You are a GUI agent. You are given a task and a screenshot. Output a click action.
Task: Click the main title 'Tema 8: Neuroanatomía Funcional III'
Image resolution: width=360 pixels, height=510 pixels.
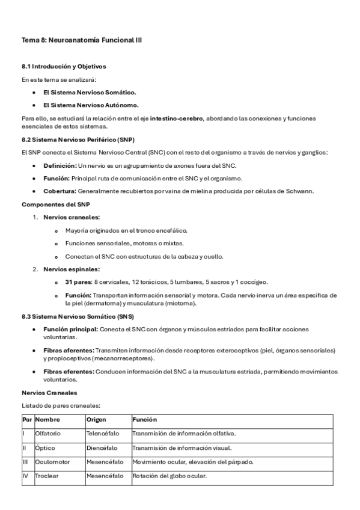coord(82,40)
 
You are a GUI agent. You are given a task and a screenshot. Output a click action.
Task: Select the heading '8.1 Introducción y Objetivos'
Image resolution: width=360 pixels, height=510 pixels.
coord(64,66)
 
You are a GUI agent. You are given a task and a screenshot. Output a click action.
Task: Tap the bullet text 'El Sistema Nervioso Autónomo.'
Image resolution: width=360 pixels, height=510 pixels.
coord(90,105)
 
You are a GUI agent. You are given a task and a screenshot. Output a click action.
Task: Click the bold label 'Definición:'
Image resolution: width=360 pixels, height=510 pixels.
coord(60,165)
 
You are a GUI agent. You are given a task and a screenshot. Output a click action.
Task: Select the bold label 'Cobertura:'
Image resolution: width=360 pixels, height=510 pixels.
coord(59,191)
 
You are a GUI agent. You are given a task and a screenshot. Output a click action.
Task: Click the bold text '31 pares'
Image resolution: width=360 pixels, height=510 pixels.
coord(78,282)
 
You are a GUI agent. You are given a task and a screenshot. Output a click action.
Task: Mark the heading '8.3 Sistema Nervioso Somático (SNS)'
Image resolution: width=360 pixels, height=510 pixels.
coord(78,316)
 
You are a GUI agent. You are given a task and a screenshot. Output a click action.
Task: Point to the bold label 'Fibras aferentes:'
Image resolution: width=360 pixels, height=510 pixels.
coord(69,350)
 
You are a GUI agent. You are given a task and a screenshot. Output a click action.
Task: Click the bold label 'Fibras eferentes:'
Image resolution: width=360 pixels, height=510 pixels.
coord(69,372)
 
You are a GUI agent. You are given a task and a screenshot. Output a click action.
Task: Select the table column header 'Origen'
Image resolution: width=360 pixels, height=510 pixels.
coord(96,419)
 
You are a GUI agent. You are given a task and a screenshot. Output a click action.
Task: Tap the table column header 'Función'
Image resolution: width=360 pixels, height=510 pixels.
coord(144,419)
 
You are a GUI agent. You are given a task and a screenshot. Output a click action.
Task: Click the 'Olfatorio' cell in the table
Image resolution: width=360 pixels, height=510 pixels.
coord(48,434)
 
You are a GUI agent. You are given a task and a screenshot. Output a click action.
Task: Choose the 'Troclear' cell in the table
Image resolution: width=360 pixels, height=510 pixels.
coord(47,476)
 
